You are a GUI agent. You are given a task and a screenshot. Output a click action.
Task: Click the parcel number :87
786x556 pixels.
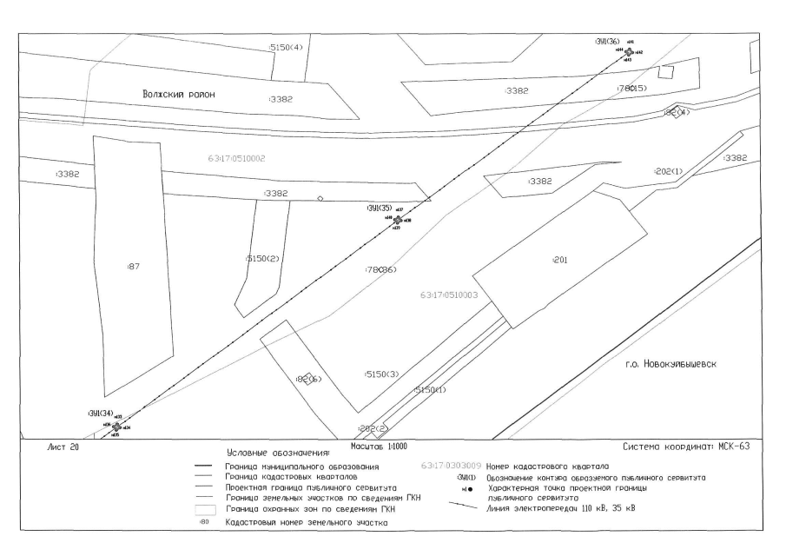click(133, 266)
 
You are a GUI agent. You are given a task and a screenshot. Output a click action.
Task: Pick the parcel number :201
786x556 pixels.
click(559, 260)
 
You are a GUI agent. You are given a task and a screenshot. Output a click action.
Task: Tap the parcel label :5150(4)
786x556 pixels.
click(286, 47)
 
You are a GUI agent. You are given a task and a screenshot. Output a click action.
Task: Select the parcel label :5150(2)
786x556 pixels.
click(261, 259)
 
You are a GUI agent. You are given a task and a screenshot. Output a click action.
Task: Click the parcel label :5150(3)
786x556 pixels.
click(381, 374)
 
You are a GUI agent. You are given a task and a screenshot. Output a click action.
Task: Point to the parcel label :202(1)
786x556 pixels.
click(668, 171)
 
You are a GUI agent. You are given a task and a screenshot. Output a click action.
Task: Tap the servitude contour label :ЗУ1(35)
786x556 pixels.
click(380, 208)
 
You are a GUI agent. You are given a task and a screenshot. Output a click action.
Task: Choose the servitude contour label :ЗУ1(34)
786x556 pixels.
click(100, 412)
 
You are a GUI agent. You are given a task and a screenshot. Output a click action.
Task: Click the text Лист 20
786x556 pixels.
click(62, 447)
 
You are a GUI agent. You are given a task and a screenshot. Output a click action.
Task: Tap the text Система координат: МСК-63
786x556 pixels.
click(685, 447)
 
